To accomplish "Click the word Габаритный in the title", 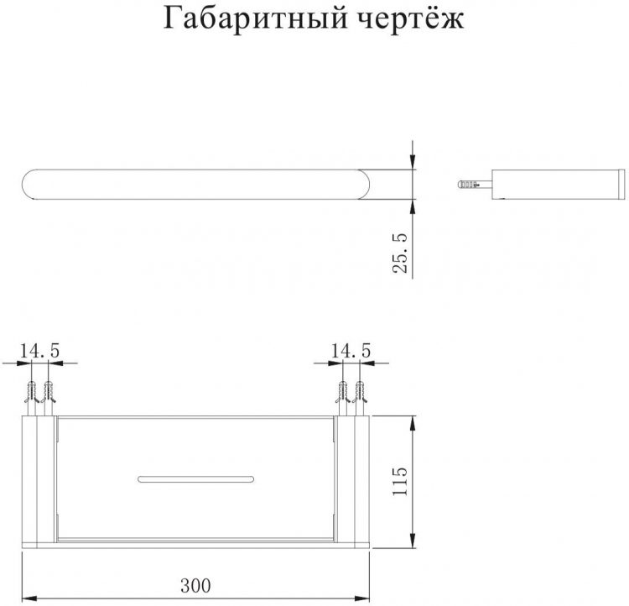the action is coord(255,18).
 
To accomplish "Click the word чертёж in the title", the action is coord(410,18).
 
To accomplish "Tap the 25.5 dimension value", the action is coord(399,253).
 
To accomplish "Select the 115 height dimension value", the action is coord(399,481).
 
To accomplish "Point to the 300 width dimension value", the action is coord(195,586).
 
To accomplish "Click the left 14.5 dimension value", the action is coord(39,351).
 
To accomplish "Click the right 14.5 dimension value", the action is coord(351,351).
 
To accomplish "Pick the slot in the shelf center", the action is coord(195,478).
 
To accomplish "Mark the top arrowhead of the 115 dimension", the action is coord(413,425).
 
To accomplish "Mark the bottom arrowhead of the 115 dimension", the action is coord(413,540).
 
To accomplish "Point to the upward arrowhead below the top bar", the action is coord(413,208).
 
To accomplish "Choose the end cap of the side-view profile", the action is coord(622,185).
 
